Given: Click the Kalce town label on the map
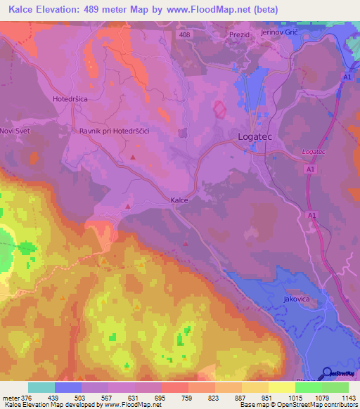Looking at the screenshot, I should pos(179,200).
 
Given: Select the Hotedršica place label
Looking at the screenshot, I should pos(70,99).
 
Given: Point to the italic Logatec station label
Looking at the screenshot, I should pos(314,152).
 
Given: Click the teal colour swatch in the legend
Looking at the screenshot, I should pos(41,387).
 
